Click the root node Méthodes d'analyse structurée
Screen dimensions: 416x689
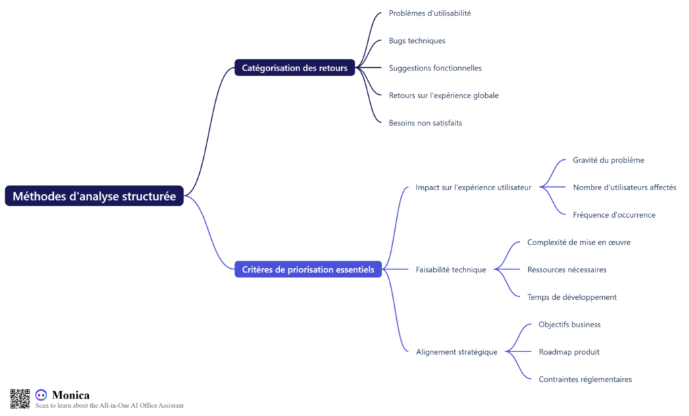pos(94,196)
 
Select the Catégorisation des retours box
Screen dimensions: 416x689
pos(295,68)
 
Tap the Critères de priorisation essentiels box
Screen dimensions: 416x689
pos(308,269)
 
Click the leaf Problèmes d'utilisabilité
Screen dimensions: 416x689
pos(429,13)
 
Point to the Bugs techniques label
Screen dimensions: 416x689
pos(416,40)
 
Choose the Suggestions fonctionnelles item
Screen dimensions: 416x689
pos(435,68)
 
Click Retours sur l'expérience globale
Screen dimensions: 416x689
pos(443,95)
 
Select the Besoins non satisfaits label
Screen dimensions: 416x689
pos(425,123)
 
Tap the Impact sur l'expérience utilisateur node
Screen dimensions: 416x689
pos(473,188)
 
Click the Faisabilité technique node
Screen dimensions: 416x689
pos(450,269)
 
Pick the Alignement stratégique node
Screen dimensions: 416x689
pos(456,351)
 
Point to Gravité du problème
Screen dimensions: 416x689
pos(608,160)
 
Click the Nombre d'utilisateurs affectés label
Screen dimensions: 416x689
pos(624,188)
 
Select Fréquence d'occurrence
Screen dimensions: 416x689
pos(614,215)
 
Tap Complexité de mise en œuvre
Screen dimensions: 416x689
pos(579,242)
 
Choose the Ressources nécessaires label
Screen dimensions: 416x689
pos(567,269)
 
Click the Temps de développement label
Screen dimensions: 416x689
pos(572,297)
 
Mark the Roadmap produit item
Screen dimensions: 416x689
pos(569,351)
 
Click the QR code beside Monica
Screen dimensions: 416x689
pos(20,399)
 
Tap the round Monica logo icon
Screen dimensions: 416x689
pos(41,395)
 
